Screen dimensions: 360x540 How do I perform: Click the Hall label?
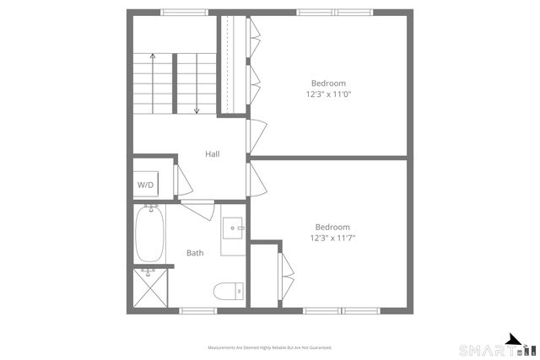[213, 154]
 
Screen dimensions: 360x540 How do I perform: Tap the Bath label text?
[195, 253]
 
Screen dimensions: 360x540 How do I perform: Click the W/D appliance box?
[146, 185]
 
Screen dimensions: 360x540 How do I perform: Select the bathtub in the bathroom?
[149, 234]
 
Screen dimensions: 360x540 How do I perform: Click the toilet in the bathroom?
[227, 292]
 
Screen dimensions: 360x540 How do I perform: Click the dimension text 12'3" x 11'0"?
[328, 94]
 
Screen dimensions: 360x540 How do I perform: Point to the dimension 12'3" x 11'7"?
[332, 238]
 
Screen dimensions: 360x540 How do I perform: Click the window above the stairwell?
[185, 12]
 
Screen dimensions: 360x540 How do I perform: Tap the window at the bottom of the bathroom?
[199, 310]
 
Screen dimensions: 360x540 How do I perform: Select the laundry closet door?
[181, 180]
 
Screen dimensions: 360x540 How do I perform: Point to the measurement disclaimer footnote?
[270, 347]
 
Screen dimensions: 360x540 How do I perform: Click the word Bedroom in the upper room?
[328, 83]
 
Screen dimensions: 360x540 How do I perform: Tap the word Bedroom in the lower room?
[332, 227]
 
